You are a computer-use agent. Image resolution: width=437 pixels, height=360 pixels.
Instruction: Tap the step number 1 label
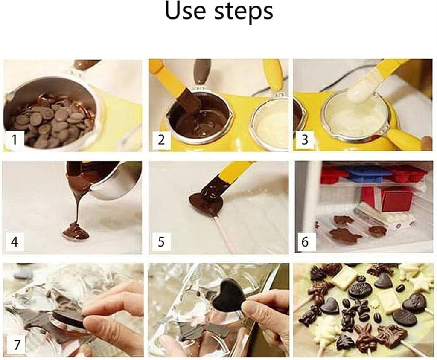[15, 139]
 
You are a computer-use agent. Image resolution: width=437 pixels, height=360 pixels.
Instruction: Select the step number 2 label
[161, 139]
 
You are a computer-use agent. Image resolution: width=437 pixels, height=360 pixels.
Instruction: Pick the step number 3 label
[305, 139]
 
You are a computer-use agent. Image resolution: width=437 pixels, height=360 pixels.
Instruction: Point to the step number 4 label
[15, 242]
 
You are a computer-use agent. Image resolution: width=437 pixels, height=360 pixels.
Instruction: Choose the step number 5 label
[161, 242]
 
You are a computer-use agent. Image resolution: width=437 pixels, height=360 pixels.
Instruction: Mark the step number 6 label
[305, 242]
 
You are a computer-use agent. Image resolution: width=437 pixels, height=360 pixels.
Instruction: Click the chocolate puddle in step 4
[76, 232]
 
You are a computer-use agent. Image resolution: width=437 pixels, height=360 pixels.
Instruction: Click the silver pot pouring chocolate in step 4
[113, 181]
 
